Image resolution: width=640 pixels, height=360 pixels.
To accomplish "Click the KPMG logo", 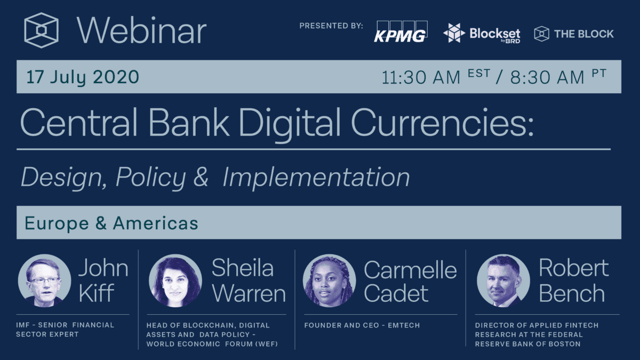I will [401, 32].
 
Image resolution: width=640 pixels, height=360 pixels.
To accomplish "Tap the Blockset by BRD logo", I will [482, 34].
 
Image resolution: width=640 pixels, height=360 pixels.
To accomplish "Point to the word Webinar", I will [141, 31].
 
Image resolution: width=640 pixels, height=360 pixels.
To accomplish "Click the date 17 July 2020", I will [83, 77].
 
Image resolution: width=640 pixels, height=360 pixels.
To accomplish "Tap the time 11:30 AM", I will [421, 77].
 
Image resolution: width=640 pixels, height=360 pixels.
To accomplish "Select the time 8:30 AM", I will [547, 77].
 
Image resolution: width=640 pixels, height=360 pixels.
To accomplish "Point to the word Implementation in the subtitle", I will [316, 178].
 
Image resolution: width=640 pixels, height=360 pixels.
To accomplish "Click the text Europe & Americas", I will [111, 223].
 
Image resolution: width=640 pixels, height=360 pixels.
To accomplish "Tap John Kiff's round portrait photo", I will [44, 280].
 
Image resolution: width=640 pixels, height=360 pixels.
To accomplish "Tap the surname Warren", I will [248, 293].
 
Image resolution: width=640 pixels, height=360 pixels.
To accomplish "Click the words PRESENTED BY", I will [331, 26].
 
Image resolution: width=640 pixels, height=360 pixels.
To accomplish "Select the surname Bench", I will [572, 293].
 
